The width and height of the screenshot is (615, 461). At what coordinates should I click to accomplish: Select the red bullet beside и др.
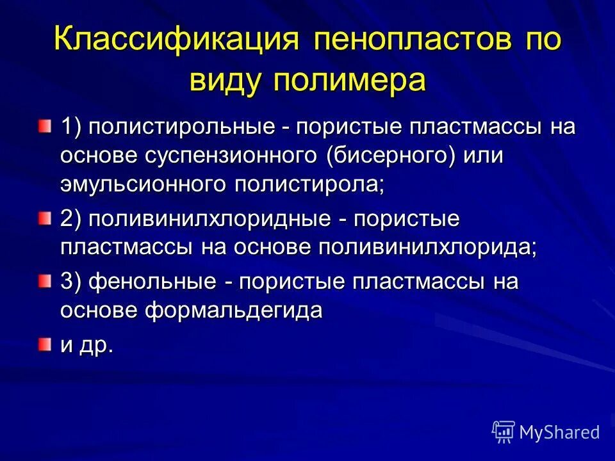click(43, 344)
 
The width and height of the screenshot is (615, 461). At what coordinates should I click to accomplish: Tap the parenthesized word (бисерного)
click(391, 156)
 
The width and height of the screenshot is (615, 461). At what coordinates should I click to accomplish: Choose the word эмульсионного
click(145, 186)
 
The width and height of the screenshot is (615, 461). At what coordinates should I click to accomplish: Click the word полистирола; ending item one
click(311, 186)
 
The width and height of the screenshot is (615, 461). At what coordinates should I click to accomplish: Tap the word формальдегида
click(233, 311)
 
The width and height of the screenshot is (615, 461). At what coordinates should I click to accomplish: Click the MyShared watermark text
click(559, 432)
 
